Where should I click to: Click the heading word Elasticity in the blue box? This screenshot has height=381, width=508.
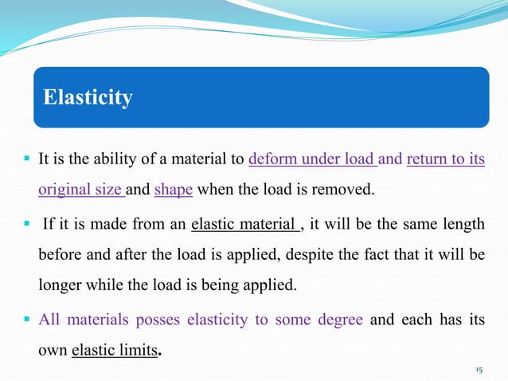pyautogui.click(x=88, y=98)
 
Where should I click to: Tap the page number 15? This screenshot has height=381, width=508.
pyautogui.click(x=479, y=371)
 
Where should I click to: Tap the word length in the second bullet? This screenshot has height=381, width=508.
pyautogui.click(x=464, y=225)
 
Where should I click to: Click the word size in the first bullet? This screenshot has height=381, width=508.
pyautogui.click(x=110, y=190)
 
